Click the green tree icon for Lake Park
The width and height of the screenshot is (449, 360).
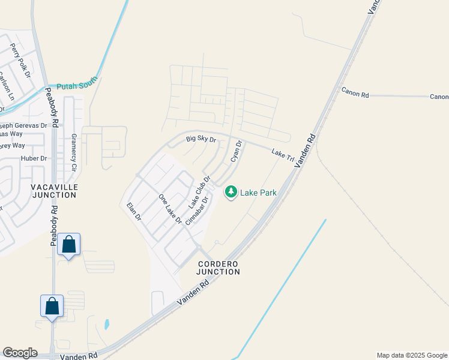(x=231, y=192)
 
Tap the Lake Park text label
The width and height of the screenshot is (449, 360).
(x=258, y=193)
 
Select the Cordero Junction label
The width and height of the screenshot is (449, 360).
(x=218, y=268)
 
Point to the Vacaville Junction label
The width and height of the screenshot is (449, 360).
(x=54, y=191)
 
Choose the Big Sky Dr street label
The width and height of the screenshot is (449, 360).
(x=200, y=139)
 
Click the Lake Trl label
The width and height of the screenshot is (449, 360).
(x=282, y=154)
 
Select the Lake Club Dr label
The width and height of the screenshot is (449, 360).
(x=199, y=191)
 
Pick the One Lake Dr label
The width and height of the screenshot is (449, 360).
(x=170, y=209)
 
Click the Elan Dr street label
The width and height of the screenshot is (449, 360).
(x=133, y=211)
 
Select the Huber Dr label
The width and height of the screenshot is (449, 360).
(x=34, y=158)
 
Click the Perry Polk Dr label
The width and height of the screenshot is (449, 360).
(x=20, y=59)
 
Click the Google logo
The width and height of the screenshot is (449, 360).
(x=20, y=353)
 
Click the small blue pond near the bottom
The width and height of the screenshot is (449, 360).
(x=107, y=325)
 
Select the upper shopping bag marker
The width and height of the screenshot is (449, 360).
(x=69, y=245)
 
